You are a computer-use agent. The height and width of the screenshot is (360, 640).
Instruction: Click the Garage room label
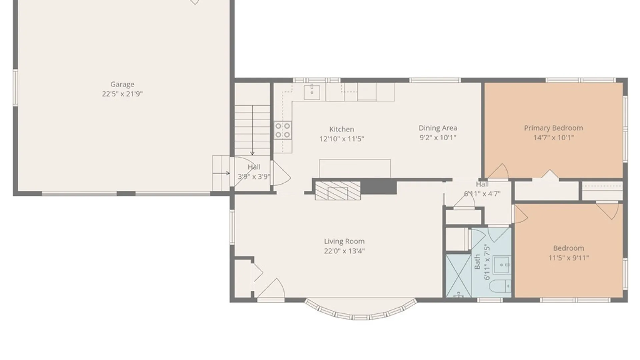coord(122,84)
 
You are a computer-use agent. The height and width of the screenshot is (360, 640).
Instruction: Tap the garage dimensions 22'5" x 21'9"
coord(122,94)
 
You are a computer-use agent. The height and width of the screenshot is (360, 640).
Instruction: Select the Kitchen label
coord(342,129)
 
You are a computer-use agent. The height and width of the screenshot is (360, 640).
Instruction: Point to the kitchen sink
coord(312,92)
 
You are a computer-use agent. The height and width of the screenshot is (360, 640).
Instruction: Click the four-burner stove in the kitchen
coord(283,130)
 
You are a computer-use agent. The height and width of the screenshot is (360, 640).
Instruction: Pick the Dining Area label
coord(438,128)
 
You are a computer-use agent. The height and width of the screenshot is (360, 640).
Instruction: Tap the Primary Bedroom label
coord(553,128)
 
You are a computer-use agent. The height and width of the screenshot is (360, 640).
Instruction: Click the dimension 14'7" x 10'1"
coord(553,138)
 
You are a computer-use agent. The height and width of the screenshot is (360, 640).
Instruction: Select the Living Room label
coord(344,241)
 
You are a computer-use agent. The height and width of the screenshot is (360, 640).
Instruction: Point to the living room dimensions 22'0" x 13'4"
coord(344,251)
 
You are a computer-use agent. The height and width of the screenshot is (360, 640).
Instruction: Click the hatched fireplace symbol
coord(338,191)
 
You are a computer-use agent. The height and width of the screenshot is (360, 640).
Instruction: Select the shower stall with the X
coord(459,276)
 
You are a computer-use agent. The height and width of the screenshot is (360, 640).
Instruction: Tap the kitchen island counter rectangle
coord(355,169)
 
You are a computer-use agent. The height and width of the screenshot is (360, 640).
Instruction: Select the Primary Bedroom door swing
coord(497,171)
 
